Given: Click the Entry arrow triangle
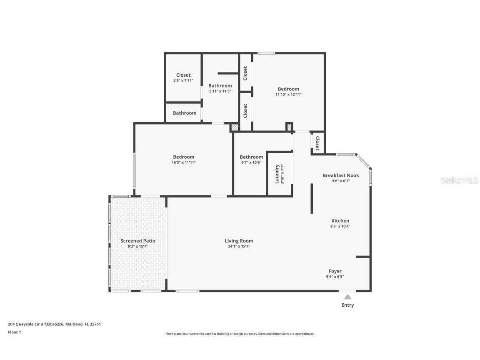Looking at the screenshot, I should (347, 297).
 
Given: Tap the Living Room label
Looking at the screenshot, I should (239, 241).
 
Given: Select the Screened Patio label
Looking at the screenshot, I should (138, 241).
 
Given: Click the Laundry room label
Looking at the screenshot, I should (277, 174).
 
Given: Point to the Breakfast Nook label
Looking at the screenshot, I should (341, 175).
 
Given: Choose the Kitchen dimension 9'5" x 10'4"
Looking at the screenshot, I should (340, 226).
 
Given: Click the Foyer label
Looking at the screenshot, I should (335, 271).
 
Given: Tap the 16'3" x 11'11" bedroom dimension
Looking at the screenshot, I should (183, 162).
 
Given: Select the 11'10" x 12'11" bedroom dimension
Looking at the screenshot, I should (288, 95).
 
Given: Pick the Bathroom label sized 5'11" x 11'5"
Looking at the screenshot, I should (220, 86).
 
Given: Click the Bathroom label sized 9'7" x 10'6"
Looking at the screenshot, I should (251, 157).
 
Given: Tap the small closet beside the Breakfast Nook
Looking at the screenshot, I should (317, 143).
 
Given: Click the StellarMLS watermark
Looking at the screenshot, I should (459, 180).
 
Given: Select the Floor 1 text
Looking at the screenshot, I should (14, 332).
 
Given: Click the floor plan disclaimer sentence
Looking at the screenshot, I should (240, 334).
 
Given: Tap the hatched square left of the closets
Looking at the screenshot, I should (235, 127).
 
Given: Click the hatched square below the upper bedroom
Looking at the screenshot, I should (289, 127).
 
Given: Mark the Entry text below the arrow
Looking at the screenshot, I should (347, 305).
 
